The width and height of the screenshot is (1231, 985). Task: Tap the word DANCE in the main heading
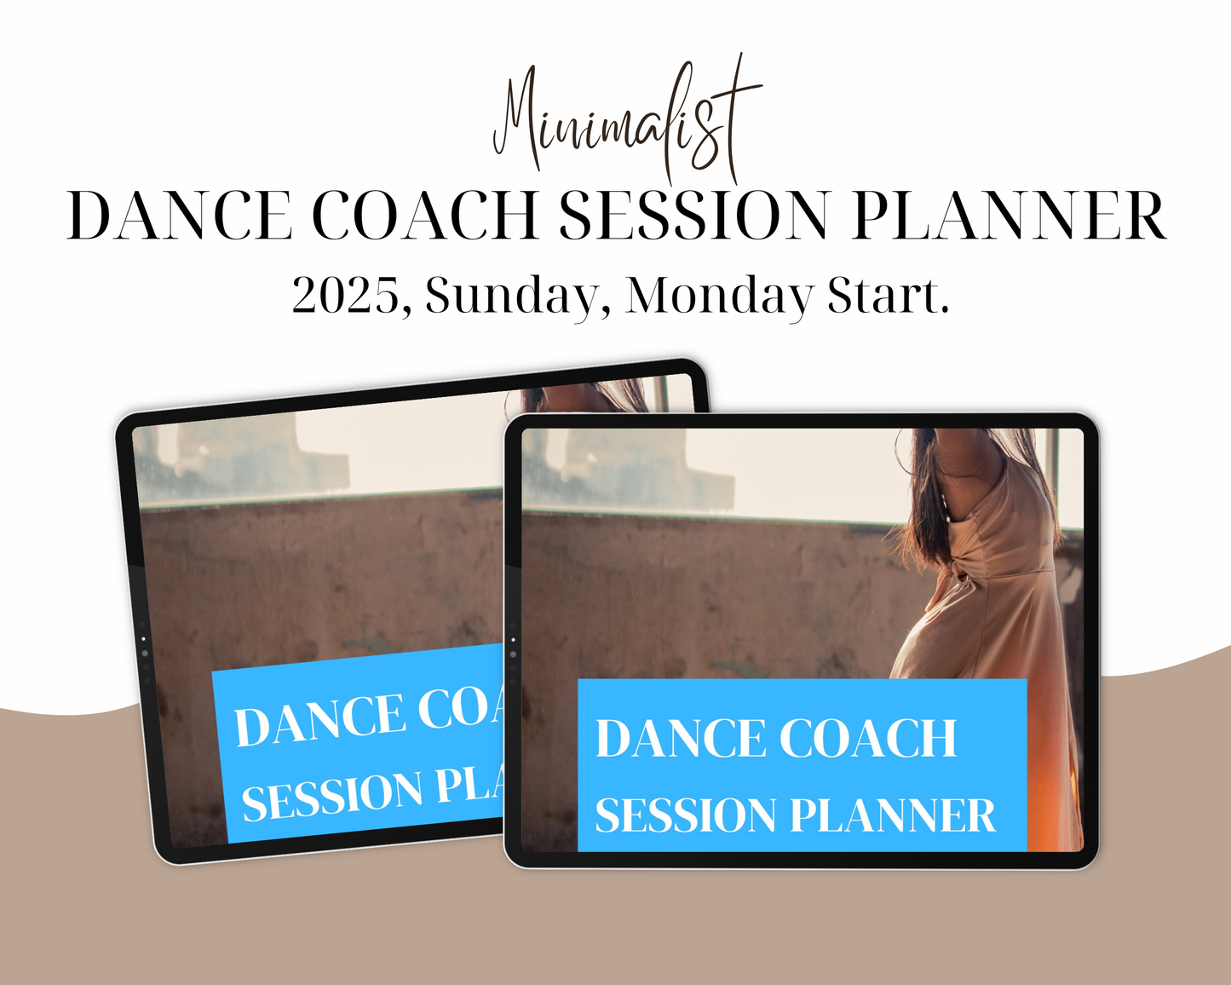tap(180, 216)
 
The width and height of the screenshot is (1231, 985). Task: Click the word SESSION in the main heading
tap(693, 216)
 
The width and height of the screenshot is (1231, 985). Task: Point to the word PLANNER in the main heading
tap(1010, 216)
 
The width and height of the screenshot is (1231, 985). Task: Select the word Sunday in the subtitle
tap(509, 297)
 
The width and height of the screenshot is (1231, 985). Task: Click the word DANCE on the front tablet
tap(680, 738)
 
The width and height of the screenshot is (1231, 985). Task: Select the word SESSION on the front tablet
tap(686, 815)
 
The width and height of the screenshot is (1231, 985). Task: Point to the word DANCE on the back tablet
tap(319, 719)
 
